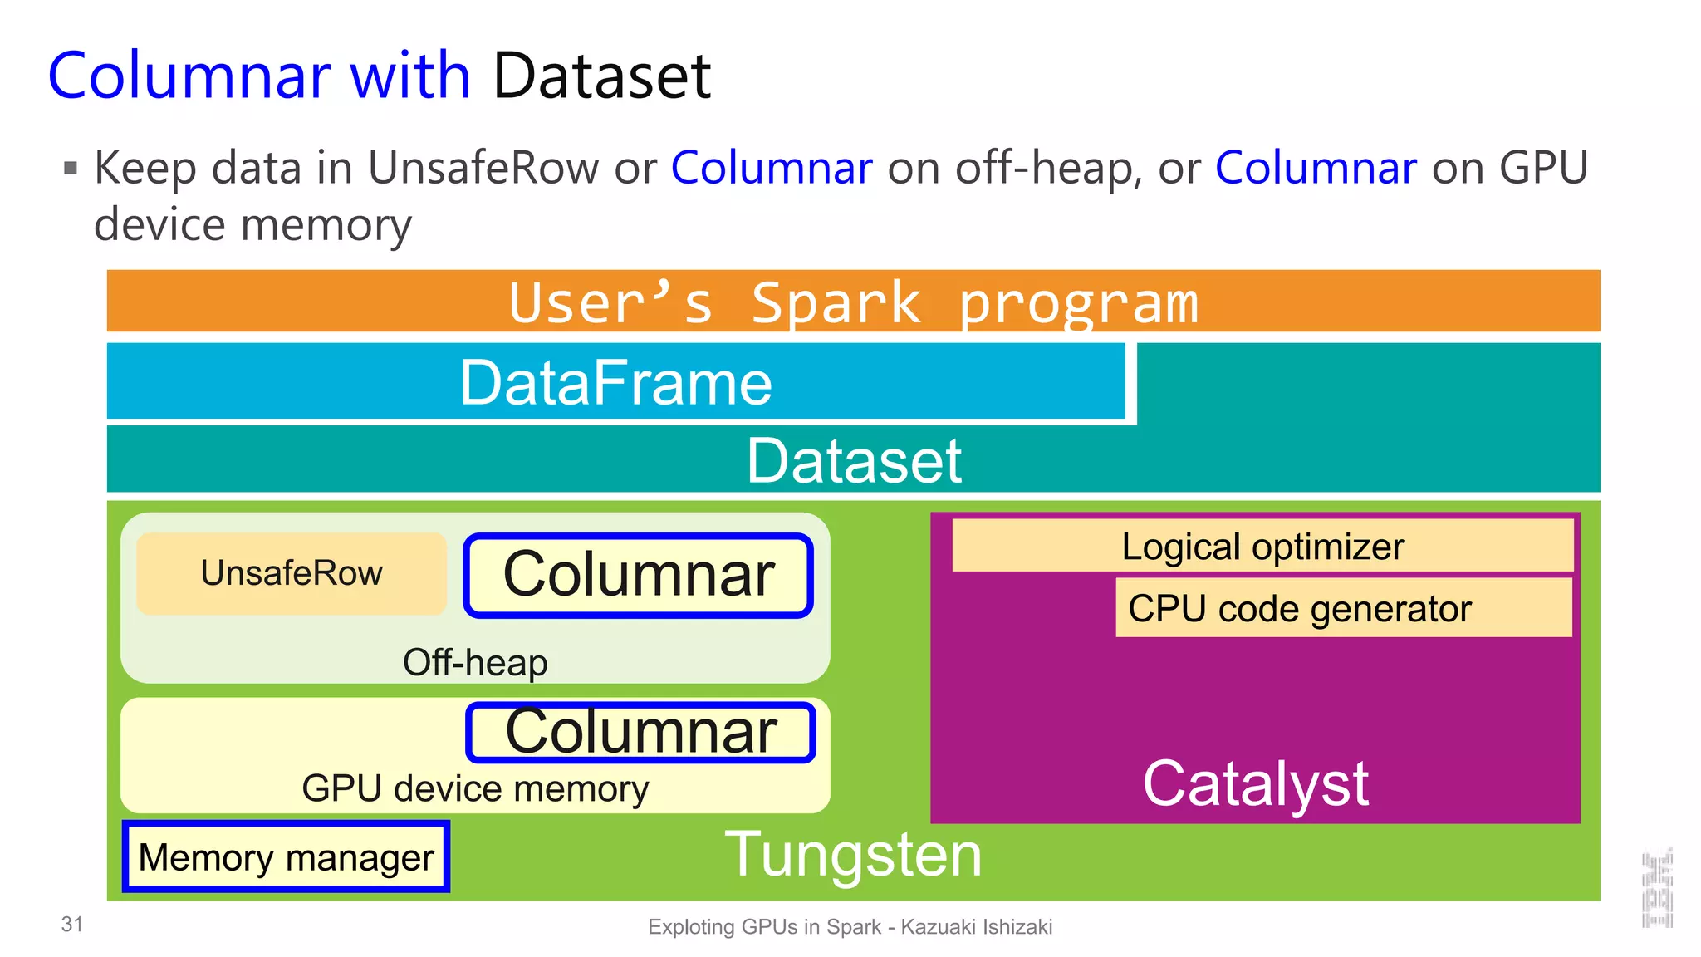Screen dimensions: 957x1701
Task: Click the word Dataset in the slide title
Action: (x=601, y=76)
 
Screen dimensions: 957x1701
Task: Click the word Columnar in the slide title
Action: (x=189, y=76)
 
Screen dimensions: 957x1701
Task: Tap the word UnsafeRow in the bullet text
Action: (x=483, y=168)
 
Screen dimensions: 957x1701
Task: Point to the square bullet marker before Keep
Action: (x=71, y=169)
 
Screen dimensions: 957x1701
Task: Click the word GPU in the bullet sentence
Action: (x=1542, y=168)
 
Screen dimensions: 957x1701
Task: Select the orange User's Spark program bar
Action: (x=853, y=302)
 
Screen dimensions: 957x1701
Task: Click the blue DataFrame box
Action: (x=615, y=382)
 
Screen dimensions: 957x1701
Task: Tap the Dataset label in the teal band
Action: (x=853, y=461)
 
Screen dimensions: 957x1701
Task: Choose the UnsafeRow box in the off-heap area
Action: (x=292, y=573)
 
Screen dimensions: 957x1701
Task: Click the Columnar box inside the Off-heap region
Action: (x=638, y=575)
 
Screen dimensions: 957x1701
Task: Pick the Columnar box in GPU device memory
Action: (x=640, y=732)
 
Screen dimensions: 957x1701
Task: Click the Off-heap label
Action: (x=475, y=663)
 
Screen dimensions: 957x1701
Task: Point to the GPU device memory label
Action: (x=475, y=788)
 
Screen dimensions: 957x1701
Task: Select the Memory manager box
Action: (x=286, y=857)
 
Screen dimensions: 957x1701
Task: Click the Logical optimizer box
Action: (x=1262, y=547)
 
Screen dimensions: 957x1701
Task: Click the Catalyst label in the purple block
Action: (x=1254, y=783)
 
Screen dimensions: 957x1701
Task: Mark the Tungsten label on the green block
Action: (x=853, y=855)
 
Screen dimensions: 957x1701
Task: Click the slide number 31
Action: (x=72, y=924)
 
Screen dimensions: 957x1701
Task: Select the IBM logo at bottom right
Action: (x=1657, y=889)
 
